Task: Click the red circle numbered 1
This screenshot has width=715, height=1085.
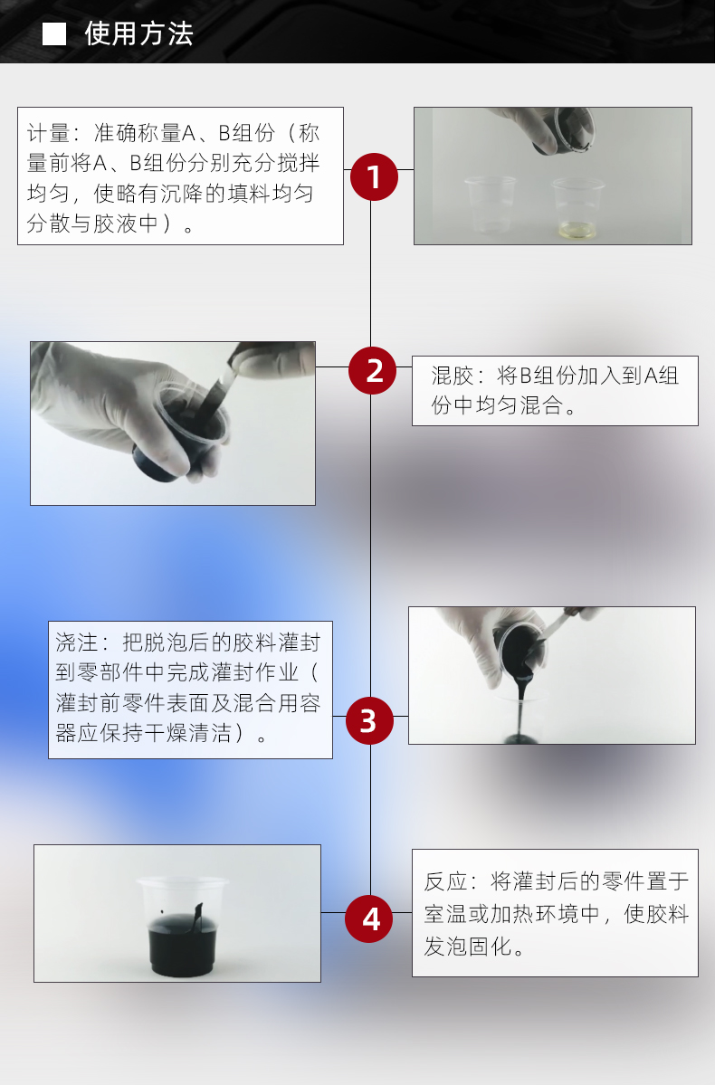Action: coord(374,176)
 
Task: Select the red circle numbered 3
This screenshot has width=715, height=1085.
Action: coord(369,720)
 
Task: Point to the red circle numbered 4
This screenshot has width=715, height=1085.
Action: coord(369,918)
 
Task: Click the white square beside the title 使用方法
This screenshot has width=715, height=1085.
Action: coord(54,33)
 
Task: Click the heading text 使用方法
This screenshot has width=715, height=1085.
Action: coord(138,33)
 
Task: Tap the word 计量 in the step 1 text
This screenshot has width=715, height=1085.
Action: coord(49,132)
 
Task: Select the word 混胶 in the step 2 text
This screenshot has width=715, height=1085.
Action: coord(453,376)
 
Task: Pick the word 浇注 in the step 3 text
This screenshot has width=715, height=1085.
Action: coord(77,642)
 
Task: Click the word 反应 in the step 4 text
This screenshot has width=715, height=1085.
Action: coord(446,881)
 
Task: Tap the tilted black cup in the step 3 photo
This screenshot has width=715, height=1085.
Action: coord(520,648)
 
